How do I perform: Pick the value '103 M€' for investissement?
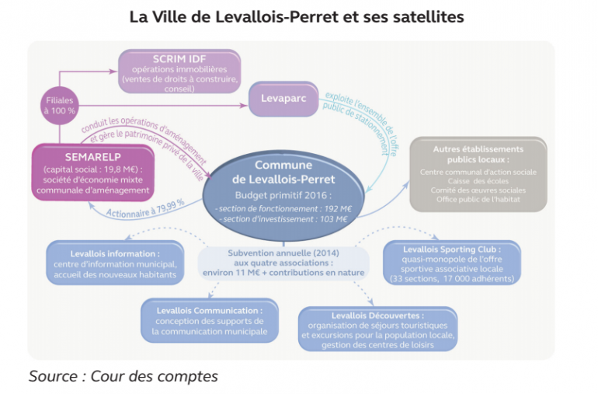tap(330, 220)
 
